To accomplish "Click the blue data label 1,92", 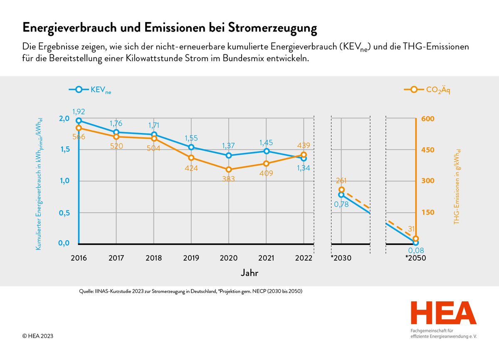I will pos(79,111).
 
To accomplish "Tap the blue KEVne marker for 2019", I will pos(191,147).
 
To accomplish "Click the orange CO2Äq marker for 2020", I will pos(229,169).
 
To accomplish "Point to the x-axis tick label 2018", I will pos(153,258).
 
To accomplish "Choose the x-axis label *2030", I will pos(341,258).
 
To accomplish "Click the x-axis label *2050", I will pos(415,258).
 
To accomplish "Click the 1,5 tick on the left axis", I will pos(63,150).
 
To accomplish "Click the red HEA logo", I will pos(443,313).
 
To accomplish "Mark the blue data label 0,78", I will pos(341,205).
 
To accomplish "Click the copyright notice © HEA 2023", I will pos(38,336).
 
